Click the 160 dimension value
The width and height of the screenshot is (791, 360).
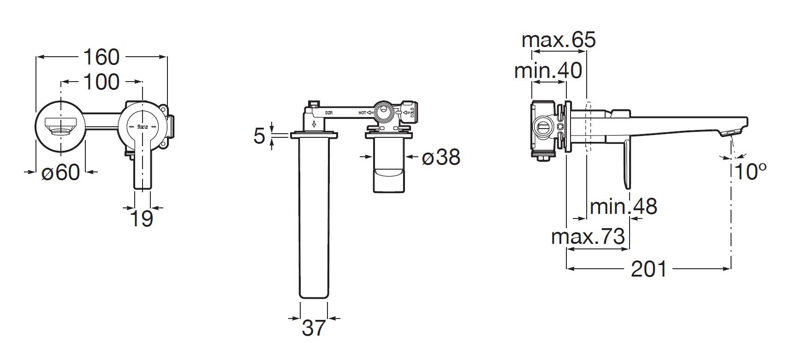coord(101,57)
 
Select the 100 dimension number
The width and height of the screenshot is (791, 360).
coord(101,82)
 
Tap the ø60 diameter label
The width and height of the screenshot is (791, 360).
coord(60,172)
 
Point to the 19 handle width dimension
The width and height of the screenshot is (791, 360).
coord(142,218)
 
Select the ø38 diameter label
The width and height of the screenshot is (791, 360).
coord(441,158)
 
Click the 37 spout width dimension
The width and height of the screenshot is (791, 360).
coord(314,328)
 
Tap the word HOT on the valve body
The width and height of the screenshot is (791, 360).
coord(362,112)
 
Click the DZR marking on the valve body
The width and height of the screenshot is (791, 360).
coord(329,112)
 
